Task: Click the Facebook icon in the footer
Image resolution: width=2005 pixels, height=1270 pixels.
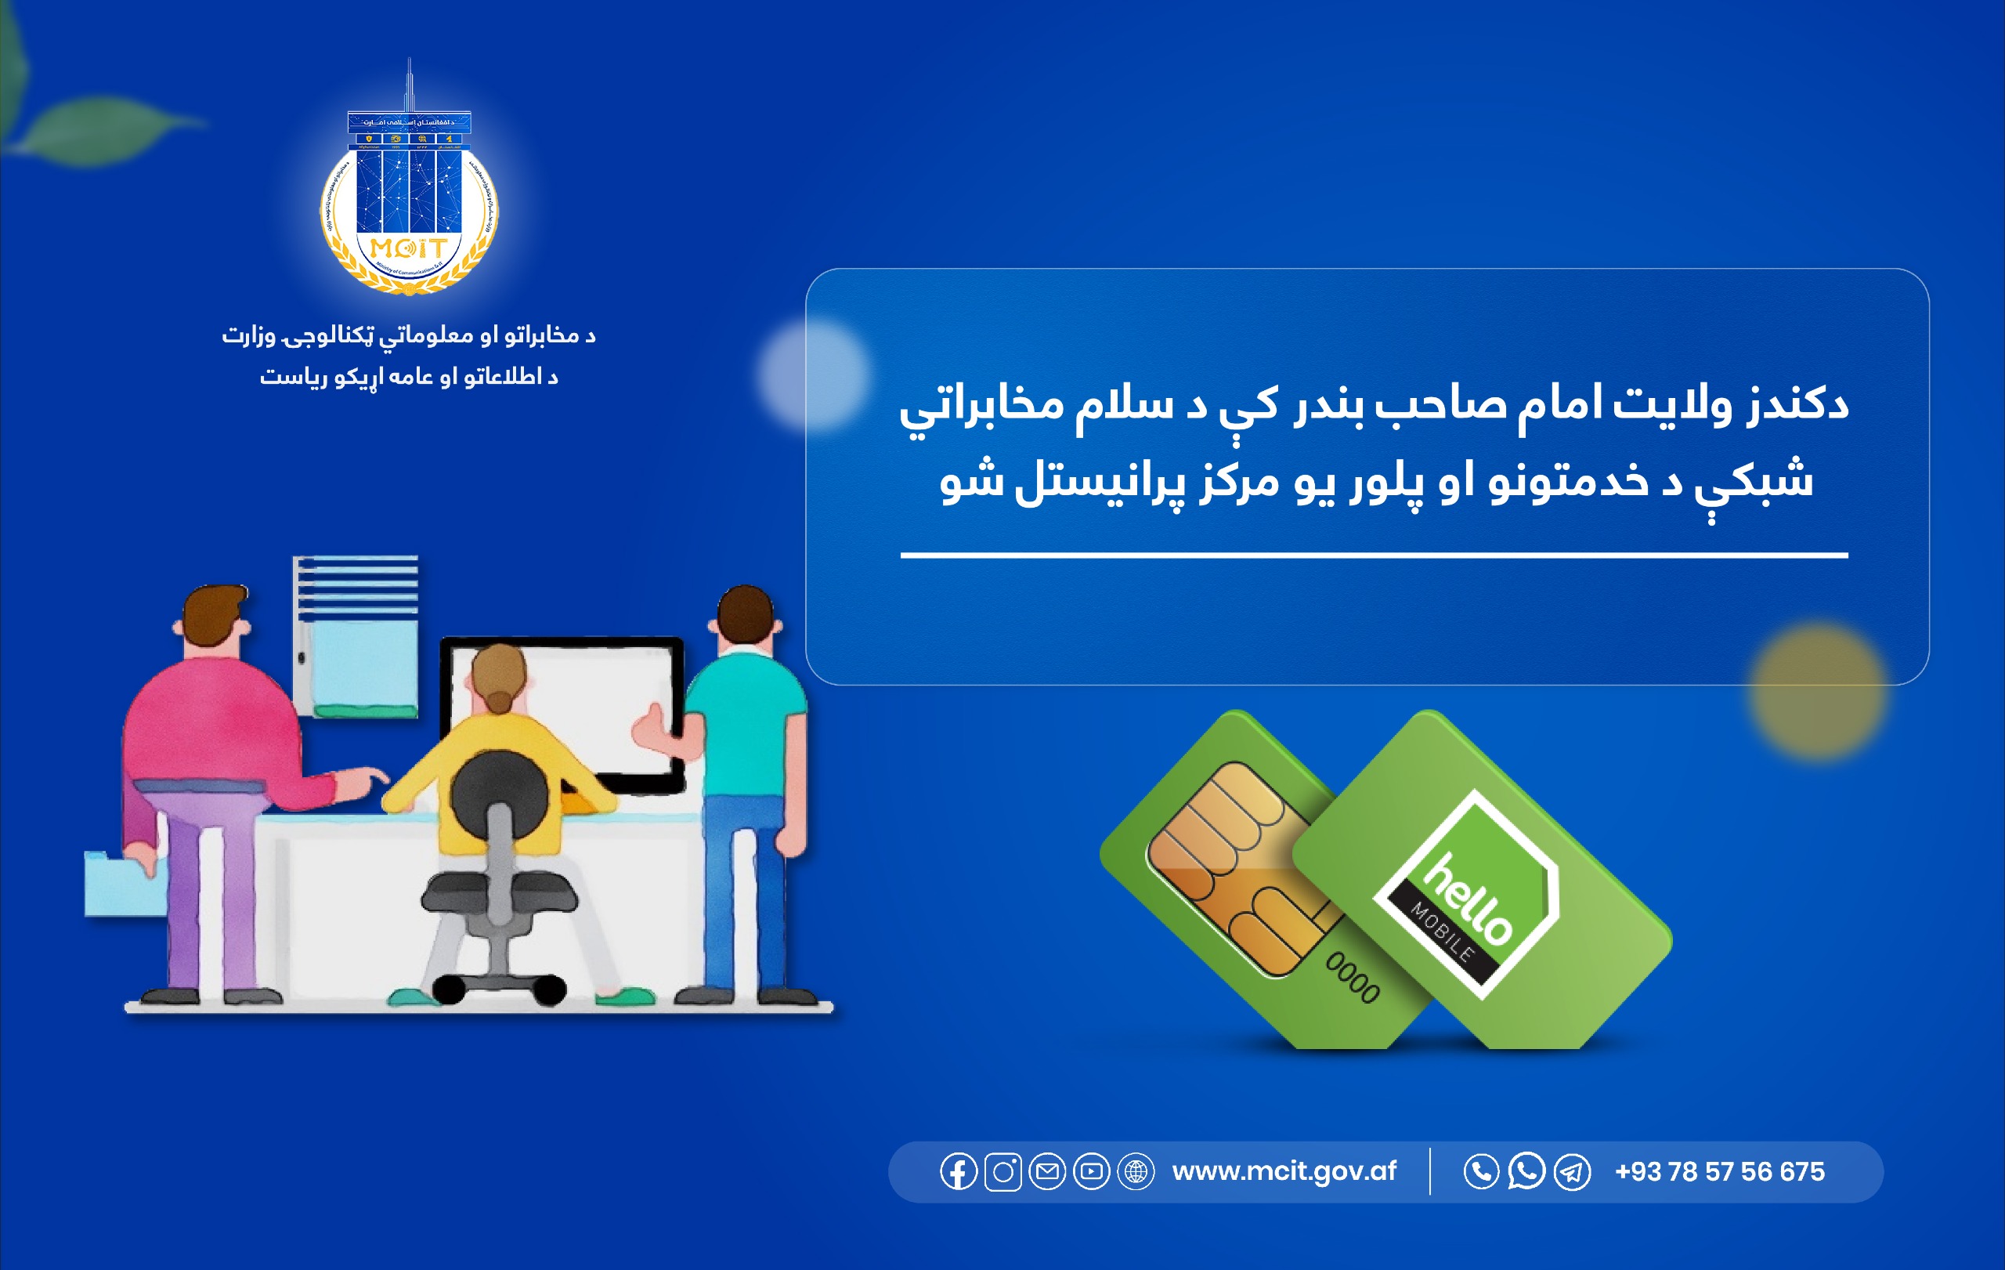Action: pyautogui.click(x=959, y=1172)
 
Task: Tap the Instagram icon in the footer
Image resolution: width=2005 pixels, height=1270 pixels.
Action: pyautogui.click(x=1002, y=1172)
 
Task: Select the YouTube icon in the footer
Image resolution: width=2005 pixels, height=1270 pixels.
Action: pyautogui.click(x=1091, y=1172)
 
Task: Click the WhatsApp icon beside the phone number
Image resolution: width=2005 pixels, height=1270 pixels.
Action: pyautogui.click(x=1526, y=1171)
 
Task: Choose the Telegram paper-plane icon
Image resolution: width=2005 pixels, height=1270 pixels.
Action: pyautogui.click(x=1571, y=1172)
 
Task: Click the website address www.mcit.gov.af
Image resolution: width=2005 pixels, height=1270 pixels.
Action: pyautogui.click(x=1283, y=1171)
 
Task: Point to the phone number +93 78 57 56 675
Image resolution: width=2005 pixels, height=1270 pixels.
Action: pyautogui.click(x=1718, y=1172)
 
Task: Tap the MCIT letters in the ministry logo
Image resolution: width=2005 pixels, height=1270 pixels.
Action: pyautogui.click(x=408, y=248)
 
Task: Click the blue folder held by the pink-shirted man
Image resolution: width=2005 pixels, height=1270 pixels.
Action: pyautogui.click(x=125, y=883)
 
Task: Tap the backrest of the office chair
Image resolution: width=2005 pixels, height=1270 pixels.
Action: pyautogui.click(x=500, y=795)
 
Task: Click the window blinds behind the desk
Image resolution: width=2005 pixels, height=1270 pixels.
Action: pyautogui.click(x=356, y=587)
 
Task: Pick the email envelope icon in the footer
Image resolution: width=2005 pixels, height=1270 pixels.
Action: pyautogui.click(x=1046, y=1172)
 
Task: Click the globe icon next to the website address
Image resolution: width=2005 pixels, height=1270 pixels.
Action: pyautogui.click(x=1135, y=1172)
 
